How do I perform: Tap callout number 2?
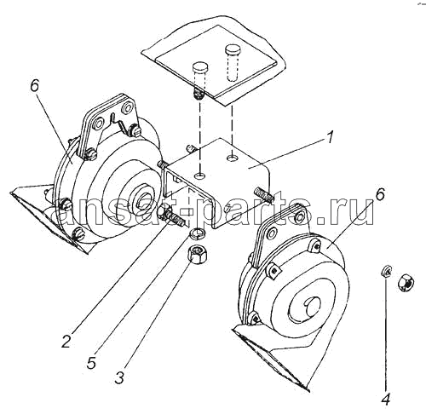pos(66,341)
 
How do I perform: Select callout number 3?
pos(119,377)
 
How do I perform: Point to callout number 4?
pos(386,400)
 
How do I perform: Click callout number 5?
pos(91,362)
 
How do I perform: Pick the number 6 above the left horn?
pos(34,83)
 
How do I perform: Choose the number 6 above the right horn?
pos(379,196)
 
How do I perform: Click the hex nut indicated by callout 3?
pos(197,254)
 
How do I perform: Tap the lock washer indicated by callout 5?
pos(196,233)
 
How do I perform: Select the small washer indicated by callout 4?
pos(386,270)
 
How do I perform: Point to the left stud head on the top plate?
pos(200,68)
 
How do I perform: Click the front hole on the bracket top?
pos(200,176)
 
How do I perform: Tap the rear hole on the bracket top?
pos(233,157)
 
